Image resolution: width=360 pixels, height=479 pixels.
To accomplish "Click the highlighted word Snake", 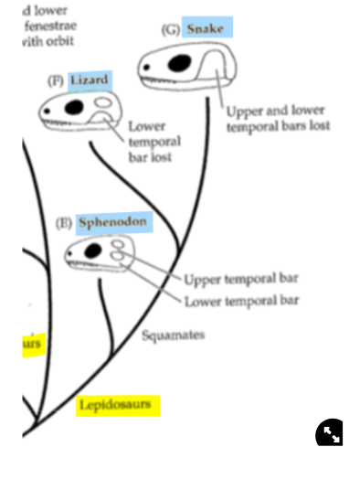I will click(x=206, y=28).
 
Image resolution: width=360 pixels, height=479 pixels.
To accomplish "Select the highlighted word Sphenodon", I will click(x=112, y=222).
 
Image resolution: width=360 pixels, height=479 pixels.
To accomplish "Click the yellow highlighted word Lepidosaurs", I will click(x=118, y=404).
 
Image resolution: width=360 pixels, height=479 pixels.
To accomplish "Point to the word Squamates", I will click(x=173, y=335).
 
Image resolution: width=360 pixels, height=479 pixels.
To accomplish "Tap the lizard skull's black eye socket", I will click(x=73, y=109).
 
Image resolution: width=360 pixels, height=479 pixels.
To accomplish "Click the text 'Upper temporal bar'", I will click(x=241, y=279).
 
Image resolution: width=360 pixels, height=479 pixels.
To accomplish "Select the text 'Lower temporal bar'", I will click(x=242, y=300).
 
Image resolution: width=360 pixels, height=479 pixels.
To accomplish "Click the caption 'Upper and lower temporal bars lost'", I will click(x=277, y=118).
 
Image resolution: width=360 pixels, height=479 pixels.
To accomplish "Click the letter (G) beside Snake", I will click(x=171, y=29).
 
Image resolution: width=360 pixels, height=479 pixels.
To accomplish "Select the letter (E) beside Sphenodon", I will click(x=65, y=223).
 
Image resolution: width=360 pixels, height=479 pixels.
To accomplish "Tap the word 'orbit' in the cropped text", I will click(x=58, y=41).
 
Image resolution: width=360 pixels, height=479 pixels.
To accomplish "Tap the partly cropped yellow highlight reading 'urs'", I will click(x=33, y=344).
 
